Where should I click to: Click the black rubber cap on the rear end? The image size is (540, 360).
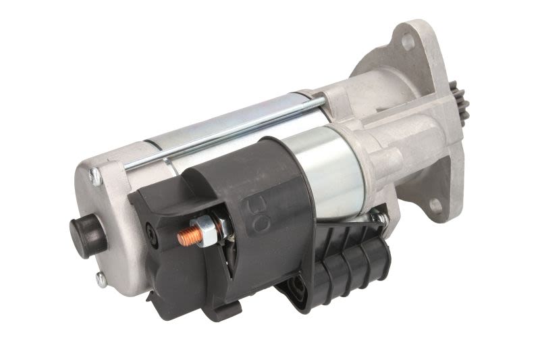pyautogui.click(x=87, y=234)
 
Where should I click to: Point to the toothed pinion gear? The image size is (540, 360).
pyautogui.click(x=458, y=103)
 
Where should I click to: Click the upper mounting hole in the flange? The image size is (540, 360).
pyautogui.click(x=408, y=41)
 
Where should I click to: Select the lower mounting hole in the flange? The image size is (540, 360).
pyautogui.click(x=435, y=205)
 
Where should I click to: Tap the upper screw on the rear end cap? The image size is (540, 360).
pyautogui.click(x=95, y=177)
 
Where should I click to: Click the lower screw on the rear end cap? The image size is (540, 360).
pyautogui.click(x=101, y=279)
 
